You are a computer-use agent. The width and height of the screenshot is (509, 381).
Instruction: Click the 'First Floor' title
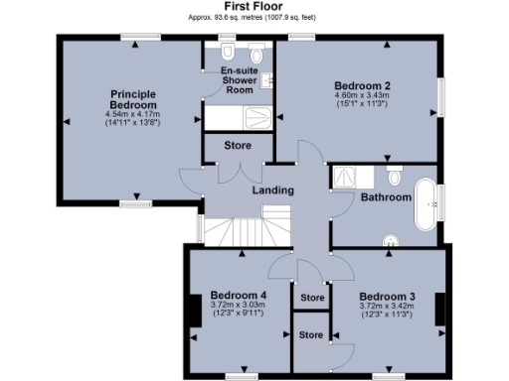click(255, 6)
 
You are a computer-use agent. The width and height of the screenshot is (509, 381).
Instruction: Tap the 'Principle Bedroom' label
click(132, 99)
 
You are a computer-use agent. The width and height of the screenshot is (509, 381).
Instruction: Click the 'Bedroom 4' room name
click(239, 295)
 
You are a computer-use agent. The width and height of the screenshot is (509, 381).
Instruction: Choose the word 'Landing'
click(272, 190)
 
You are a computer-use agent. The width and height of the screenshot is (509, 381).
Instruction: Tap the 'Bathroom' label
click(386, 197)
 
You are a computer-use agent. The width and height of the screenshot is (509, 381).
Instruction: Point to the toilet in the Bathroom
click(394, 178)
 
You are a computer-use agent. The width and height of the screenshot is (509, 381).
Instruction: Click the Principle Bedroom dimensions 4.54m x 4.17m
click(132, 116)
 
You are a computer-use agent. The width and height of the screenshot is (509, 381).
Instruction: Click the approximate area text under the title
click(254, 18)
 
